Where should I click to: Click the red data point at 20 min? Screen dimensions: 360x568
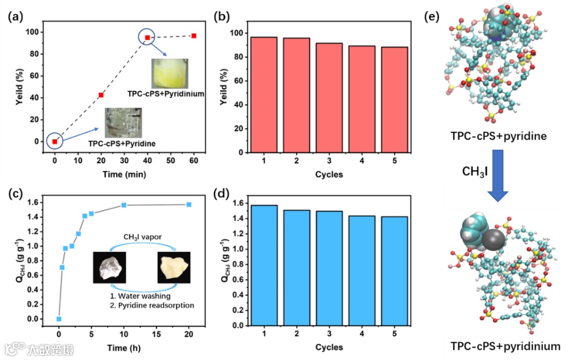click(101, 95)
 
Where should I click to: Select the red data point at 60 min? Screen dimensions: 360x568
click(194, 36)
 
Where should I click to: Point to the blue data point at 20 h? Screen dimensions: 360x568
click(189, 204)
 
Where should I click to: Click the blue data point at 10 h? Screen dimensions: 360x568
click(124, 205)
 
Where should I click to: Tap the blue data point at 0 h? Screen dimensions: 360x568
click(59, 319)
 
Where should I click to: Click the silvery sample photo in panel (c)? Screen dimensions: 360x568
click(108, 268)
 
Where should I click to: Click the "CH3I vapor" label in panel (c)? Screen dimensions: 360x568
click(142, 237)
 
